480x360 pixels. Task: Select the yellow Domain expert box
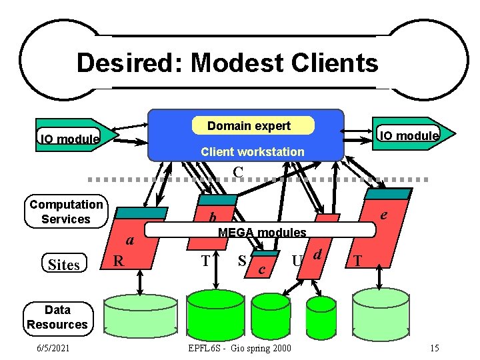point(249,126)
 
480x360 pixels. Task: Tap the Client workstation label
point(252,152)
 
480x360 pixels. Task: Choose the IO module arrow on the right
point(414,135)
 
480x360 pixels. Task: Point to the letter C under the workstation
point(237,172)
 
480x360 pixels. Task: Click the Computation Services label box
point(66,212)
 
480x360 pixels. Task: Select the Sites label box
point(64,265)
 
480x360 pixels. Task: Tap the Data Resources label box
point(57,317)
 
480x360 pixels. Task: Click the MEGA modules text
point(262,233)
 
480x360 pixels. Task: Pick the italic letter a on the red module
point(131,240)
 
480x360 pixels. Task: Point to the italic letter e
point(384,215)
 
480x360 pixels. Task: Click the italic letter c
point(262,269)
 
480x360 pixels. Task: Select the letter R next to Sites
point(117,260)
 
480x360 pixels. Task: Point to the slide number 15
point(434,349)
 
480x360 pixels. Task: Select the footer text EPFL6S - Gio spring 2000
point(240,349)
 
